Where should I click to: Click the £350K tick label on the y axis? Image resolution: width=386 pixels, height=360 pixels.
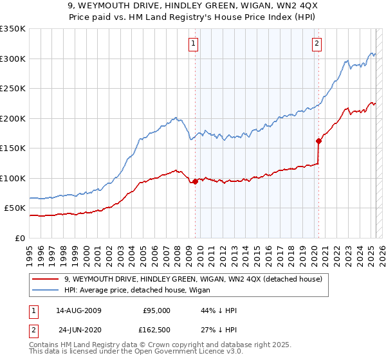pos(13,29)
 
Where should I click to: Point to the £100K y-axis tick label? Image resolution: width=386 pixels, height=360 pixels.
pos(13,178)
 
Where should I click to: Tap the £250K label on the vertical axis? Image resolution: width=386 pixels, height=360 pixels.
pos(13,89)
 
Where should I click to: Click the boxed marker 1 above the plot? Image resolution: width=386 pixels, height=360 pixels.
pos(194,44)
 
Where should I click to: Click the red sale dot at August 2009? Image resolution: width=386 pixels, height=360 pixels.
pos(195,182)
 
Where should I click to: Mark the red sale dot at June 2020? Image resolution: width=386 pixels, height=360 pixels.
pos(318,141)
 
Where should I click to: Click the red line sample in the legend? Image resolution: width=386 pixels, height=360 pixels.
pos(46,278)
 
